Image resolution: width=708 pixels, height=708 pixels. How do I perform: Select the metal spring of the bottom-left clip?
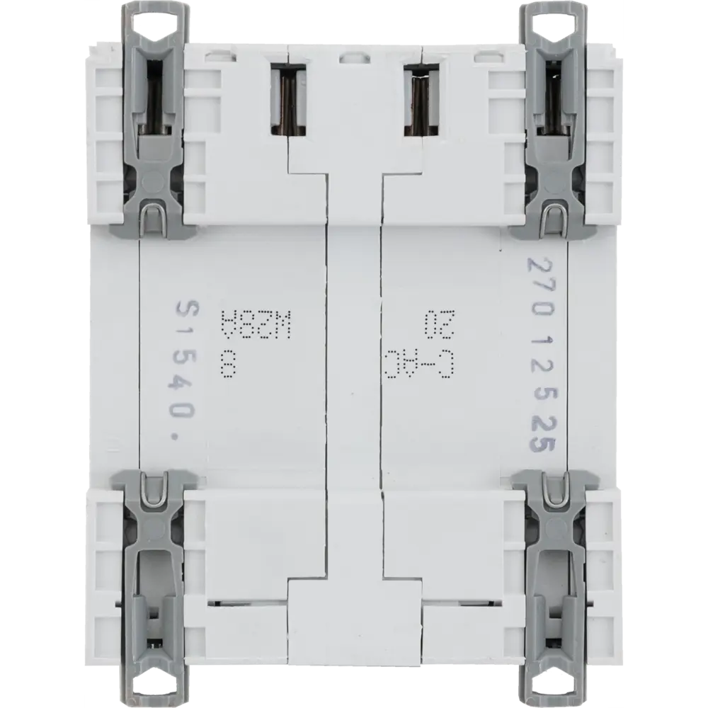tap(154, 489)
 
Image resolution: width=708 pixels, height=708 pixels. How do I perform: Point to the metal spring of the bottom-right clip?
tap(554, 489)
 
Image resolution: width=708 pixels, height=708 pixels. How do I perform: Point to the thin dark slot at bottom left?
tap(248, 603)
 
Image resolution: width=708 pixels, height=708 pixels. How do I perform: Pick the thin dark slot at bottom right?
tap(460, 603)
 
